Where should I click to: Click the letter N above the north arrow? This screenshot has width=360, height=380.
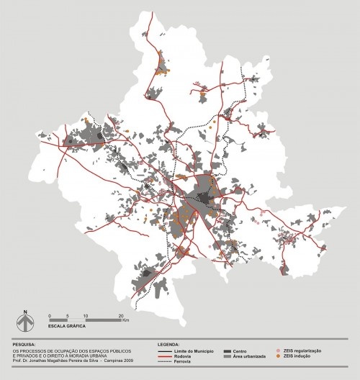(x=24, y=312)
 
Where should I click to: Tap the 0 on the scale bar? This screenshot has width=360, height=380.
(x=49, y=316)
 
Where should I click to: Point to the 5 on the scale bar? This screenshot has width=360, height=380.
(x=67, y=316)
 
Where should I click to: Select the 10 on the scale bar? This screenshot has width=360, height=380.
(x=86, y=316)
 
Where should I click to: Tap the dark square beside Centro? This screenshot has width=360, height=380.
(x=227, y=350)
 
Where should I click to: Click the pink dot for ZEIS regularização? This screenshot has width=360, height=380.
(x=279, y=350)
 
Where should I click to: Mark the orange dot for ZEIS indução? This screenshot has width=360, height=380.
(x=279, y=356)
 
